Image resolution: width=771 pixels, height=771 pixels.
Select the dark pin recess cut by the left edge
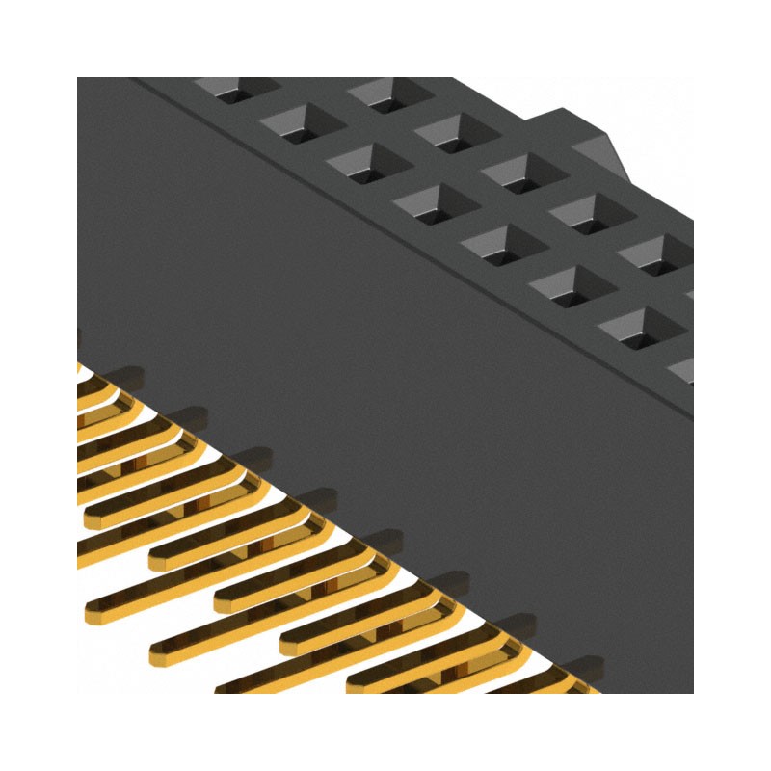click(x=79, y=337)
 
